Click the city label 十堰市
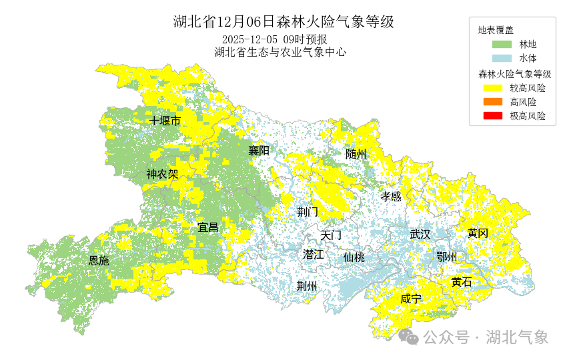tap(165, 121)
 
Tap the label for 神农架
tap(162, 174)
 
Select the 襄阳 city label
tap(259, 150)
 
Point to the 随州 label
tap(356, 154)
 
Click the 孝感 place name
tap(391, 196)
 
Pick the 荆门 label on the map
tap(308, 212)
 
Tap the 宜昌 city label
tap(208, 227)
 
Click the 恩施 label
tap(99, 261)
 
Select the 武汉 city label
tap(420, 234)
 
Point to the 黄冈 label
tap(478, 233)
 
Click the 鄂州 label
tap(446, 257)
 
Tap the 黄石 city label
tap(461, 282)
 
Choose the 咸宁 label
tap(411, 299)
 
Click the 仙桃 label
tap(354, 257)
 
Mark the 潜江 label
tap(313, 254)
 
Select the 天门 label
tap(331, 235)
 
